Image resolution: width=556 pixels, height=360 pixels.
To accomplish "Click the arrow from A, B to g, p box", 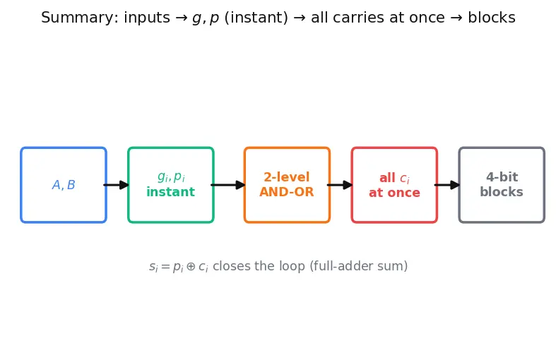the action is [x=116, y=185].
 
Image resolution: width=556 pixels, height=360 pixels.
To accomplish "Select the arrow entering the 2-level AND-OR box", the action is [x=228, y=185].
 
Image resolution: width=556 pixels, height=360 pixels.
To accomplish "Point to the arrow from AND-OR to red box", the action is [x=340, y=185].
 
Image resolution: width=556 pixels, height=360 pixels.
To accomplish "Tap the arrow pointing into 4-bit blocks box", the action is [x=447, y=185].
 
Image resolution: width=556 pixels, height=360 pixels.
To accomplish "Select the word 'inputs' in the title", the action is [x=147, y=18].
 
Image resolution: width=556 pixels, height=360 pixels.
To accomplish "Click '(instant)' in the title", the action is [x=256, y=18].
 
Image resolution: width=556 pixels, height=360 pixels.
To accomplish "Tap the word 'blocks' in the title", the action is [x=492, y=18].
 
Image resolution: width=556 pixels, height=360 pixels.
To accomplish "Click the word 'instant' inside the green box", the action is [x=170, y=192].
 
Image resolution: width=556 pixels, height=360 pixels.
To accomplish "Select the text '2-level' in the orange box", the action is [x=287, y=176].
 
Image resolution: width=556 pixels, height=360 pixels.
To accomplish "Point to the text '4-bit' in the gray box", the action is [x=502, y=176].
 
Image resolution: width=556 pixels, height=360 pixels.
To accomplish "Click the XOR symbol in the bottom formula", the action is [x=191, y=266].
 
